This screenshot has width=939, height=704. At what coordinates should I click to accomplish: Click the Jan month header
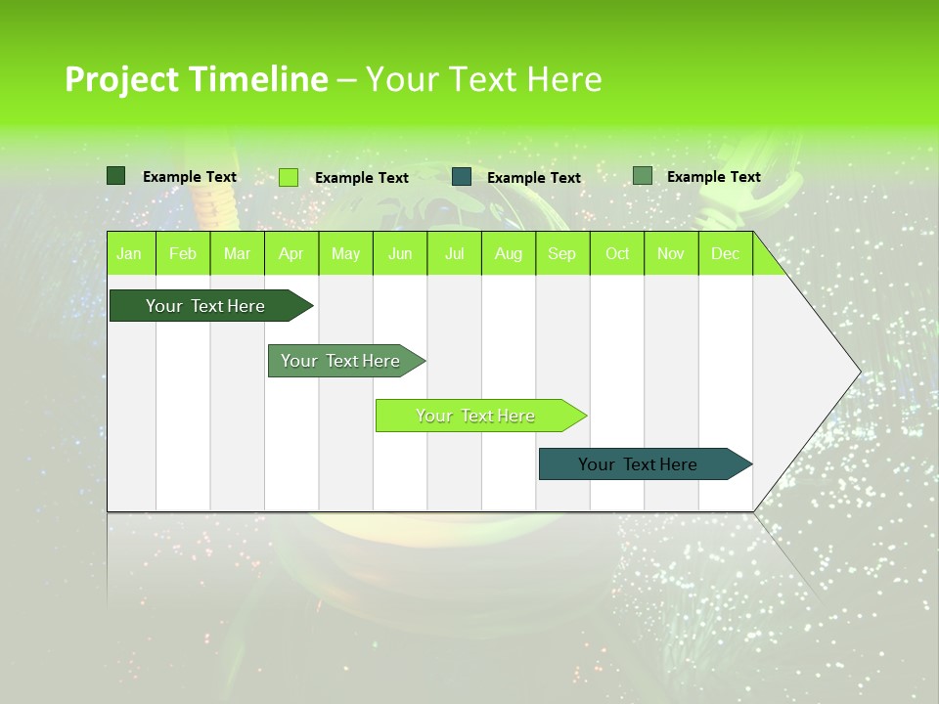coord(129,253)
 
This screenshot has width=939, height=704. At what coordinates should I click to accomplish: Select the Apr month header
coord(291,253)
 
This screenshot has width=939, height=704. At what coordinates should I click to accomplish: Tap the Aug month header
coord(508,253)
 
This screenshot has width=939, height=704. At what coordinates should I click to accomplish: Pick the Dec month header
coord(725,253)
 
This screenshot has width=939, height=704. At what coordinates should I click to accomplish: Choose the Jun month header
coord(399,253)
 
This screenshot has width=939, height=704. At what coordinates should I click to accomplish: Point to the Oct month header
coord(616,253)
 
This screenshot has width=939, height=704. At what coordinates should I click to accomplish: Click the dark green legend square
coord(115,176)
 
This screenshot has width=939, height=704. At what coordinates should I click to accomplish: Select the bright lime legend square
coord(288,177)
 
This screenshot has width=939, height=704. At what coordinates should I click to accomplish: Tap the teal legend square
coord(462,177)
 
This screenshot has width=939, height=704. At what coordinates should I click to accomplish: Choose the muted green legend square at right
coord(642,176)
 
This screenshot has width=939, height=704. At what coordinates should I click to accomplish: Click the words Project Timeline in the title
coord(196,79)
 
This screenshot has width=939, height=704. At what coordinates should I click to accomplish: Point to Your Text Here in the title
coord(483,79)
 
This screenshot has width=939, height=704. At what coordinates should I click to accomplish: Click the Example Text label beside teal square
coord(533,178)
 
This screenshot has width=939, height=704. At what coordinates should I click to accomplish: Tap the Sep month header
coord(561,253)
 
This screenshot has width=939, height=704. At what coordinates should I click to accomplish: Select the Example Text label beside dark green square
coord(189,177)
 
